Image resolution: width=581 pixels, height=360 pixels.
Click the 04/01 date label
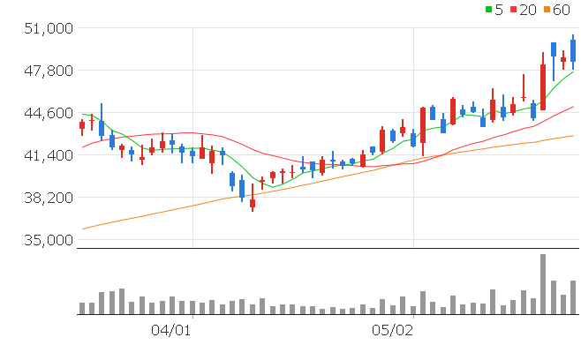[172, 331]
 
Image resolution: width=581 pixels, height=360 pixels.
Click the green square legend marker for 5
[489, 10]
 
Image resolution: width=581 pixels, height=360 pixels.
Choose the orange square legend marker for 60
[547, 10]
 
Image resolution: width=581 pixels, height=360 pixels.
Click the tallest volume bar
[543, 284]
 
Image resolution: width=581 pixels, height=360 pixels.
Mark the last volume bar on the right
[573, 297]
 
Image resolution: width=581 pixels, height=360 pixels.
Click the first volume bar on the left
[82, 308]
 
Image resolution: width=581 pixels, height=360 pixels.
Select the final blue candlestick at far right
[573, 51]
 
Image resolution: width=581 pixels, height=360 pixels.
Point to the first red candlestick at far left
[82, 125]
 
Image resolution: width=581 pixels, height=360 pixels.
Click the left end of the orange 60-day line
[82, 229]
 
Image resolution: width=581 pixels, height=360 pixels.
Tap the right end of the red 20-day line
[574, 107]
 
